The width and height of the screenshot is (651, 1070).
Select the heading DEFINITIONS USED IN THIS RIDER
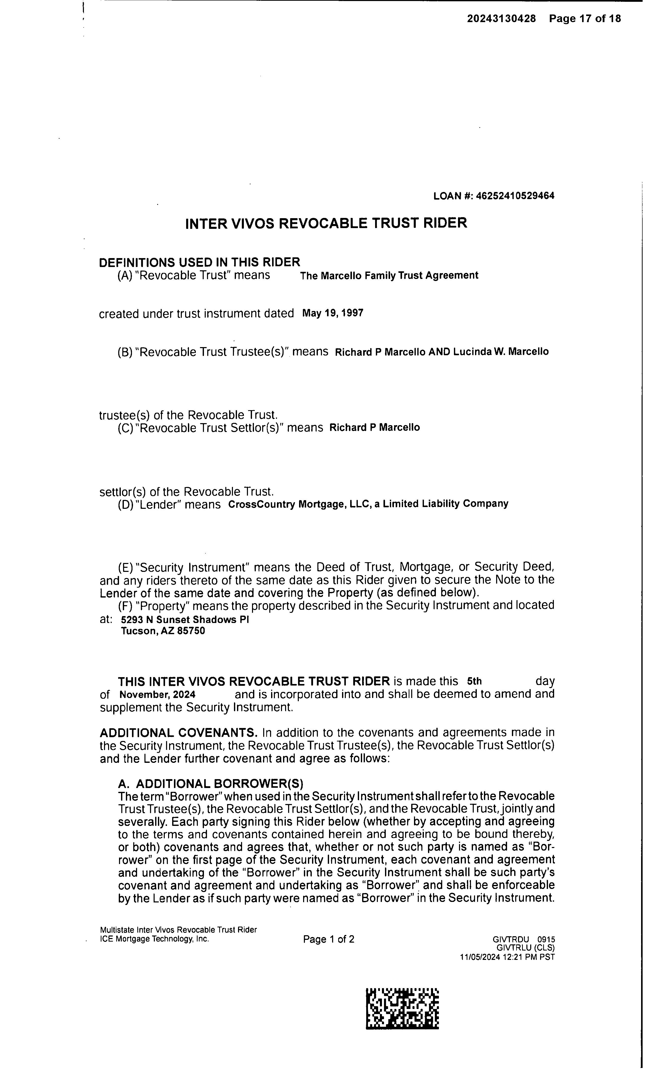coord(199,262)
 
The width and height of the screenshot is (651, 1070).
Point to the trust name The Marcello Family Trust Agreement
coord(389,275)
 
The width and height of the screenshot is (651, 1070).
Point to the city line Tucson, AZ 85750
coord(163,631)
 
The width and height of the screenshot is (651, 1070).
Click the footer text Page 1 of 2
coord(329,939)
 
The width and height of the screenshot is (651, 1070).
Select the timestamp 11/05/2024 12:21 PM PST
coord(507,957)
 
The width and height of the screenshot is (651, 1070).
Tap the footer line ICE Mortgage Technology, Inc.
coord(155,939)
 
